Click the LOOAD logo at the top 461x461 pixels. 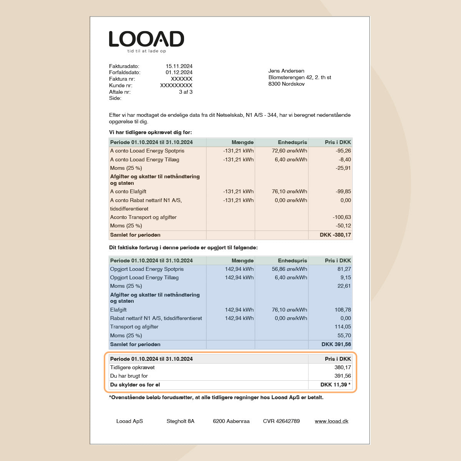[146, 39]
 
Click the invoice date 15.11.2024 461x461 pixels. [179, 66]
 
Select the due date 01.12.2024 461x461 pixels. [179, 72]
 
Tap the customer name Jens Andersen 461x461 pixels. [286, 71]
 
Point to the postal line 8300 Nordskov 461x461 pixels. [286, 84]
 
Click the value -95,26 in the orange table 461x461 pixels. [343, 151]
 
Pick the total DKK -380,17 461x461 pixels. [335, 235]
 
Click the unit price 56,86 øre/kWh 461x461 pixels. [289, 269]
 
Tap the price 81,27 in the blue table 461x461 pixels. [344, 269]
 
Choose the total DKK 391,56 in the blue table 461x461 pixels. [336, 344]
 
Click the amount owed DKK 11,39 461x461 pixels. [334, 385]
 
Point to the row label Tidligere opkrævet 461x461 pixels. [132, 367]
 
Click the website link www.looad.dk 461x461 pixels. [332, 421]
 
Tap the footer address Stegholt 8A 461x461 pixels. [180, 421]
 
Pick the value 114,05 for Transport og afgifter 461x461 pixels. [343, 327]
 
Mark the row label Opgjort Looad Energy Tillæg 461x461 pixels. [144, 277]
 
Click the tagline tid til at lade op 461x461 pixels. [146, 51]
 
